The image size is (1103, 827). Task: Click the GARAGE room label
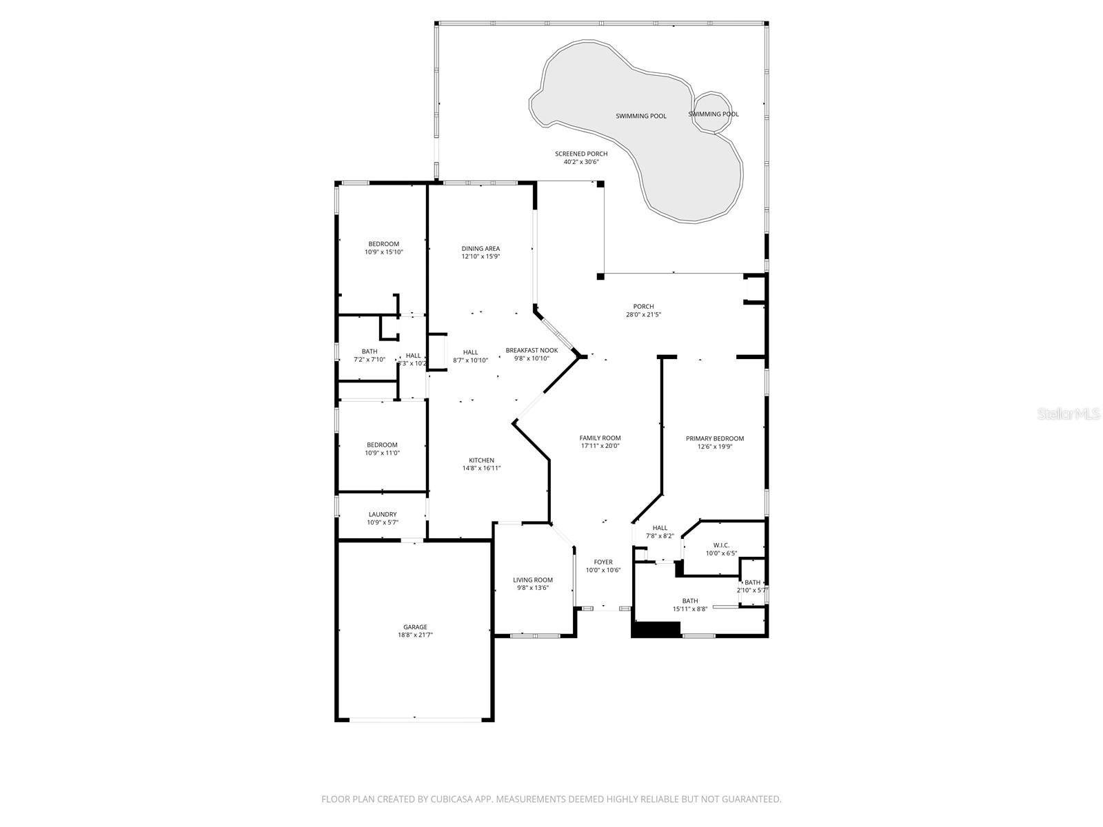coord(415,627)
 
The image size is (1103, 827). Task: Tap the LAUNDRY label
coord(383,514)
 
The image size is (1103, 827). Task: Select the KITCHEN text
coord(481,460)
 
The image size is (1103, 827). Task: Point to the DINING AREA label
coord(480,249)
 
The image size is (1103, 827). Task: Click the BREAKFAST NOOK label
coord(532,350)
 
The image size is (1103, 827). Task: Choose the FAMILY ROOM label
coord(600,438)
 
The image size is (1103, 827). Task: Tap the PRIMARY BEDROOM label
coord(715,438)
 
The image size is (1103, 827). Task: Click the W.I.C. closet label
coord(721,545)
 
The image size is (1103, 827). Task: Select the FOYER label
coord(603,562)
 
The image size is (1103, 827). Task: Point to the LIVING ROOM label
coord(533,580)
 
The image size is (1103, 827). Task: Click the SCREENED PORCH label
coord(581,154)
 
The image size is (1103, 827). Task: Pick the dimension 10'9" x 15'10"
coord(383,252)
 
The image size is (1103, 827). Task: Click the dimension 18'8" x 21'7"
coord(415,635)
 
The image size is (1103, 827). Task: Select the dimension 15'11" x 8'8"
coord(690,609)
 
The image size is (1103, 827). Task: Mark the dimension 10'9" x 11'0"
coord(382,453)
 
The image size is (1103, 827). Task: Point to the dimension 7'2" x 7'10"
coord(370,360)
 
